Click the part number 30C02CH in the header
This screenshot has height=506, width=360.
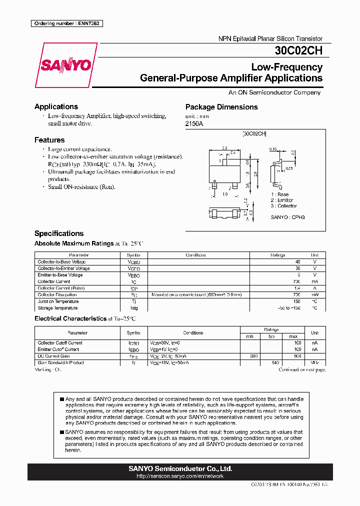298,50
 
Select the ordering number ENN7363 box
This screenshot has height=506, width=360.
66,23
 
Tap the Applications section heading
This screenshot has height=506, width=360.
56,106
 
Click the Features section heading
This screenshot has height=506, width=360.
49,140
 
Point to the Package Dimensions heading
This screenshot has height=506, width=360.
221,107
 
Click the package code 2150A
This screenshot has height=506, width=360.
194,123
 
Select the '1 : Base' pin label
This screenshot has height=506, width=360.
280,194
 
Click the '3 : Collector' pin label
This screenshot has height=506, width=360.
283,206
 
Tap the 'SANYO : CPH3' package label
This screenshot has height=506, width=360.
287,217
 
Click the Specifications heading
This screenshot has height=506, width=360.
58,233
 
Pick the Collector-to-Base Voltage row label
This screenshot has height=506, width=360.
61,262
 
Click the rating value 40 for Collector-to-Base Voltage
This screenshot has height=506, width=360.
297,262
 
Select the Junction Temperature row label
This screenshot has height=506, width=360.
58,301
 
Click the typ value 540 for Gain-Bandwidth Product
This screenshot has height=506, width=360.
274,362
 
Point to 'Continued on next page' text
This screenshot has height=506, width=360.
302,370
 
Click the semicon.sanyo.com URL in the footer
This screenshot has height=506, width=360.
179,476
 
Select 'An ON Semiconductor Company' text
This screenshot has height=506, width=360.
274,92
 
